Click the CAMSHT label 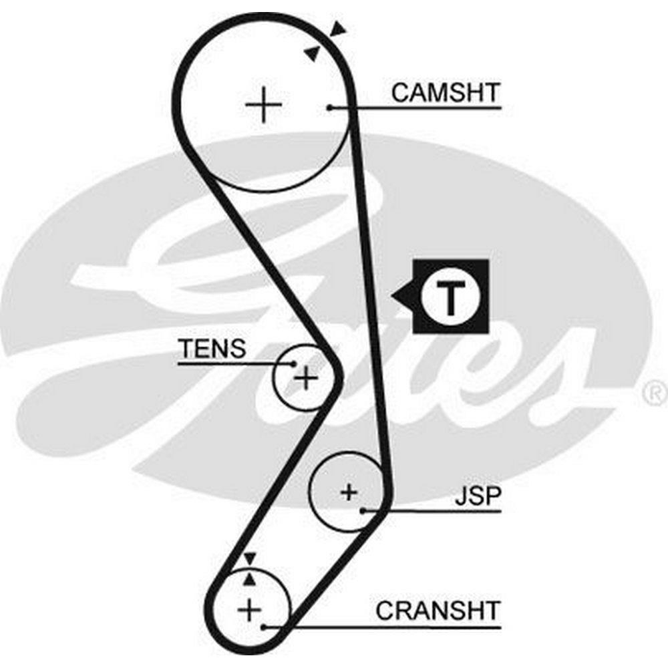click(x=445, y=92)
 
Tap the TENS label click(x=212, y=348)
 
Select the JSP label click(x=478, y=497)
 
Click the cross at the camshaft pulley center click(x=264, y=106)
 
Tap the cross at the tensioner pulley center click(x=306, y=379)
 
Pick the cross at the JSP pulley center click(x=349, y=493)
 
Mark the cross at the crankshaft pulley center click(x=248, y=609)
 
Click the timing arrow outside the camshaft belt click(x=339, y=29)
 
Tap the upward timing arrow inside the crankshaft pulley click(x=250, y=578)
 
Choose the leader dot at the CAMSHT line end click(x=330, y=107)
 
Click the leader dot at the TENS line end click(x=294, y=363)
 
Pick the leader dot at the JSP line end click(x=363, y=511)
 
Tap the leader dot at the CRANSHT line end click(x=265, y=627)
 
